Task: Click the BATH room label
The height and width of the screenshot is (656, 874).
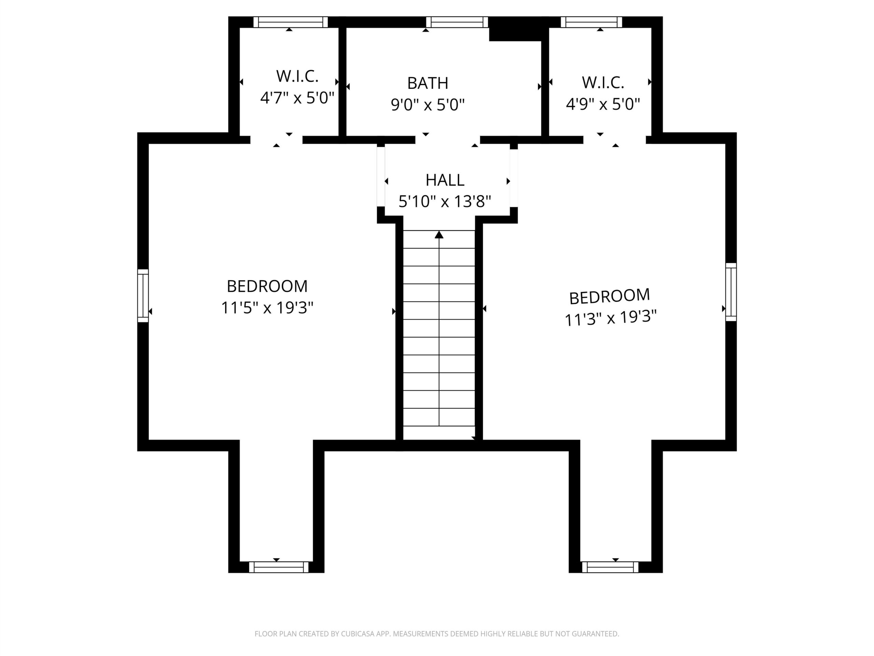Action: (427, 83)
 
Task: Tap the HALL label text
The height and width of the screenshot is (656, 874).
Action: (445, 180)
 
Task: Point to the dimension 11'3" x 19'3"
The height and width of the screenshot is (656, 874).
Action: (610, 317)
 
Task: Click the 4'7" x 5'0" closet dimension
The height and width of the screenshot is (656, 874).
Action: (297, 97)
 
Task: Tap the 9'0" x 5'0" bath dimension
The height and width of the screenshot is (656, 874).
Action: (427, 105)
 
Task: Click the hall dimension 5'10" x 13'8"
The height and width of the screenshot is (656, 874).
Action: (445, 202)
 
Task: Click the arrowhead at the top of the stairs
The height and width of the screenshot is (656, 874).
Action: (439, 235)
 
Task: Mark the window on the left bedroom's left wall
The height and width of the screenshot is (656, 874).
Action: (143, 296)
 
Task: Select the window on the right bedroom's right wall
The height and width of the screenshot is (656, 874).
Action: (731, 292)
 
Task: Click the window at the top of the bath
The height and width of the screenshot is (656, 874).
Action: (457, 22)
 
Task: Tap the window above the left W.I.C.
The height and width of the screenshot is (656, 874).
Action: (291, 22)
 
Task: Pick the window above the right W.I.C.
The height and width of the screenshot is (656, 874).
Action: (592, 22)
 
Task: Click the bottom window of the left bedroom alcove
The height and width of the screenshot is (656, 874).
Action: (279, 567)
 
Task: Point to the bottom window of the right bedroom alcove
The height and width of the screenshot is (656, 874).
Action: (610, 567)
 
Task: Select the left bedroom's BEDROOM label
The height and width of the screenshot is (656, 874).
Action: (267, 286)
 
